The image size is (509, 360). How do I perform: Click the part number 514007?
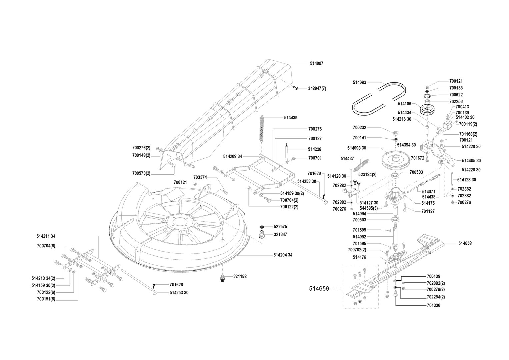(x=316, y=63)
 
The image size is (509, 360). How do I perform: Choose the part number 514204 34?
(x=283, y=255)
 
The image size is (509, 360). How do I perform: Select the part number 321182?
(x=240, y=276)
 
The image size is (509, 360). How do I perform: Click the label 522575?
(x=280, y=227)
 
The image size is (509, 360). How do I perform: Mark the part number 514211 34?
(x=46, y=236)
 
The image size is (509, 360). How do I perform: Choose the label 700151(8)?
(x=46, y=299)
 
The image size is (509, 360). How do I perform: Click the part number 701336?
(x=433, y=305)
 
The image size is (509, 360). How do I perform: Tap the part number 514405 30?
(x=471, y=161)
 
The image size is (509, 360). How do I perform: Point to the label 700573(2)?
(x=141, y=173)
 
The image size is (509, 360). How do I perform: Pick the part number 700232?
(x=359, y=128)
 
